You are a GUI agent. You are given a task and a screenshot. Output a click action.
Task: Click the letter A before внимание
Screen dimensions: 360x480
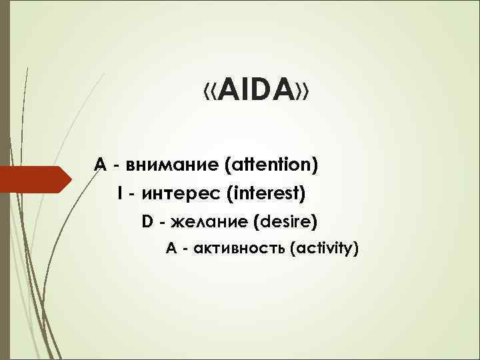tap(100, 164)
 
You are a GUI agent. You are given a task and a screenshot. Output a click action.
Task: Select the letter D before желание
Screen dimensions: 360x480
tap(147, 221)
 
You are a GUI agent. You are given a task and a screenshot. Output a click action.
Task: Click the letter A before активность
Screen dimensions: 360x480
tap(171, 249)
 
